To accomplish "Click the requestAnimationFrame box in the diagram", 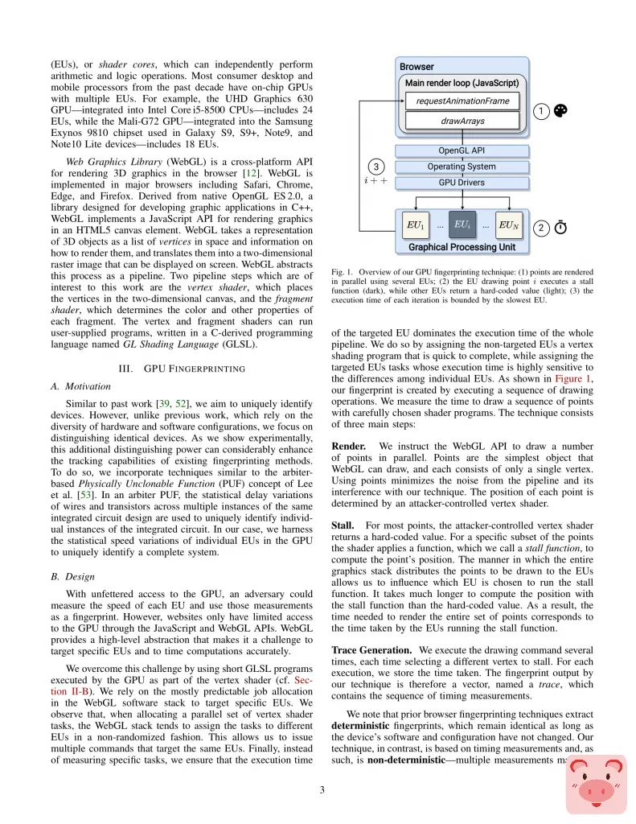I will [462, 101].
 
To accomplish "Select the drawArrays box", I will [462, 122].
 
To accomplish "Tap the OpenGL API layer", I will [462, 150].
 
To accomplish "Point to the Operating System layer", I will [462, 167].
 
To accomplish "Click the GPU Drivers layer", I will [462, 183].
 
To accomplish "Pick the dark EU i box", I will [462, 225].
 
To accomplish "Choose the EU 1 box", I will [415, 225].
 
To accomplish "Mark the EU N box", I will [509, 225].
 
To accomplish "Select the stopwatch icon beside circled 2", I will [560, 228].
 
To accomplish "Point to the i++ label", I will [375, 182].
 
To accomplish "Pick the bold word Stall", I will [343, 525].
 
